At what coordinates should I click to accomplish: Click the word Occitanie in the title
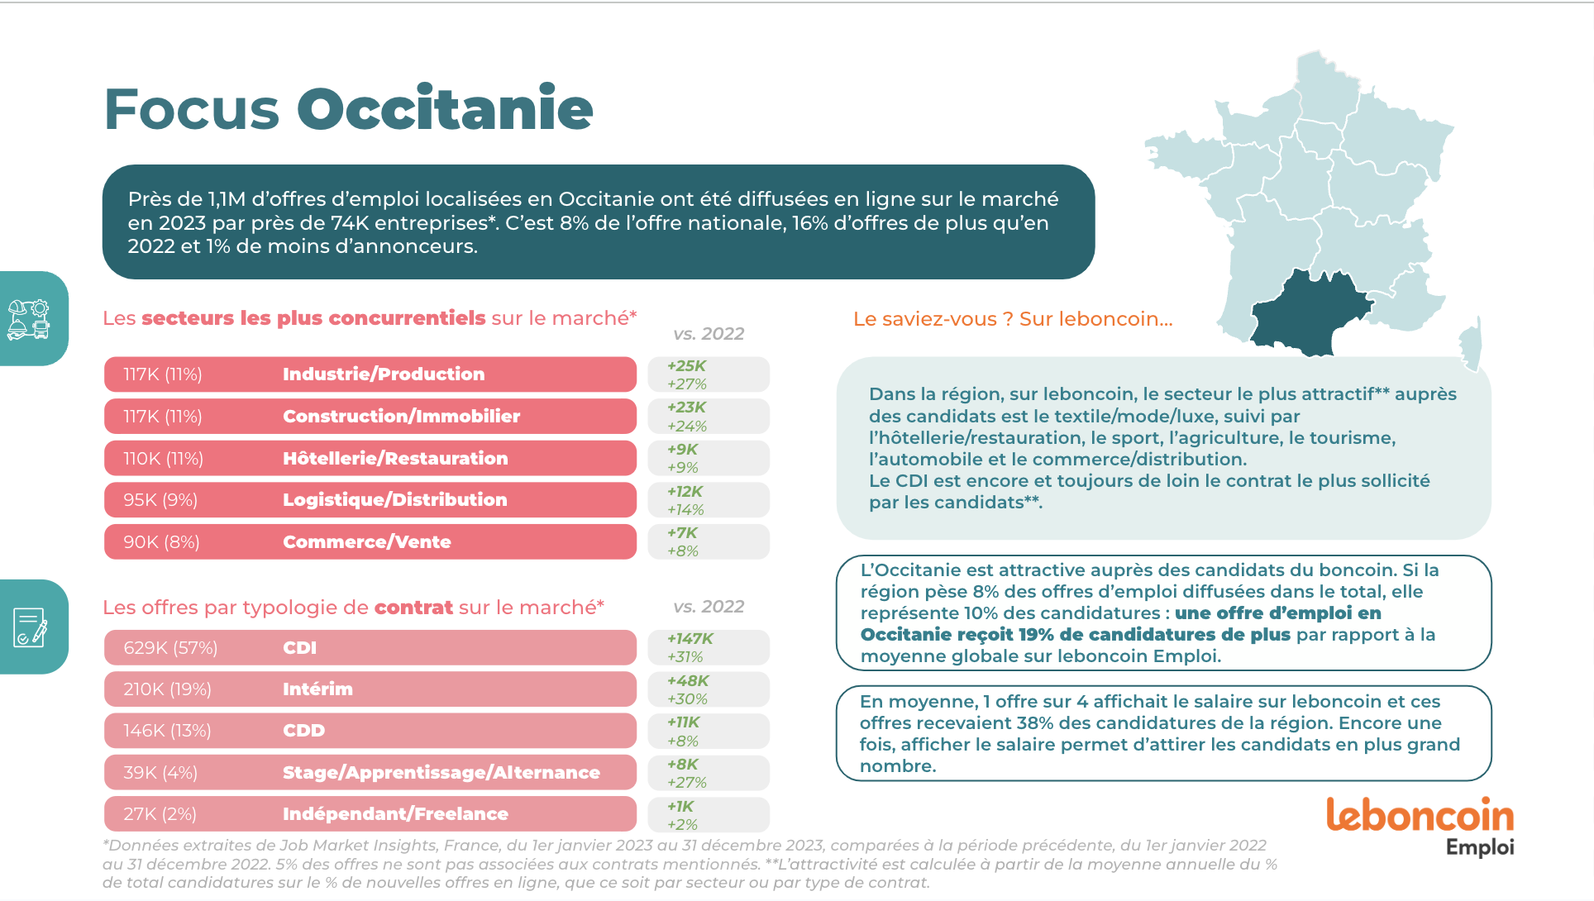tap(445, 109)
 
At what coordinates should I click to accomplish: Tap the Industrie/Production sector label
tap(384, 374)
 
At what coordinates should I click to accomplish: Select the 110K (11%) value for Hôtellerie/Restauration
tap(163, 459)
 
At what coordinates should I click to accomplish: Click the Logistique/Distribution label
tap(394, 500)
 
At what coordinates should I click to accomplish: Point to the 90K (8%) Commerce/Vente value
tap(161, 542)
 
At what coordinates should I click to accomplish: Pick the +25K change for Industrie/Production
tap(686, 366)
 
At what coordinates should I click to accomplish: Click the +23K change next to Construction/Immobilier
tap(686, 408)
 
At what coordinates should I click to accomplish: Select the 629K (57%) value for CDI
tap(170, 648)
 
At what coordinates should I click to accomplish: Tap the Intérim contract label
tap(317, 689)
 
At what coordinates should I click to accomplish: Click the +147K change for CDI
tap(690, 639)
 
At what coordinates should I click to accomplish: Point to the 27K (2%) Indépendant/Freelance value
tap(160, 814)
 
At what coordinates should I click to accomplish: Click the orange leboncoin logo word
tap(1420, 815)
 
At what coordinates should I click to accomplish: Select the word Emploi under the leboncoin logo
tap(1479, 847)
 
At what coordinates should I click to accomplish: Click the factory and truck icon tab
tap(30, 319)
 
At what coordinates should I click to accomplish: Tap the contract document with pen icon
tap(30, 627)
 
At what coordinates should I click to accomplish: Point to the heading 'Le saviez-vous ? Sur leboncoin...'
tap(1012, 319)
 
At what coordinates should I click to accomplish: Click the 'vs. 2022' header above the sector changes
tap(709, 334)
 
